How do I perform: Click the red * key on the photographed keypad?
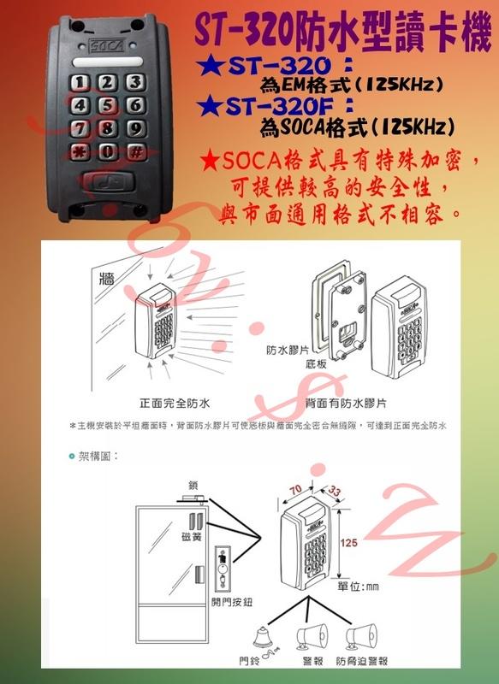[x=80, y=151]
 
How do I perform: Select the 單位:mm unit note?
[x=358, y=587]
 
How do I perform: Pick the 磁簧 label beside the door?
[x=192, y=537]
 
